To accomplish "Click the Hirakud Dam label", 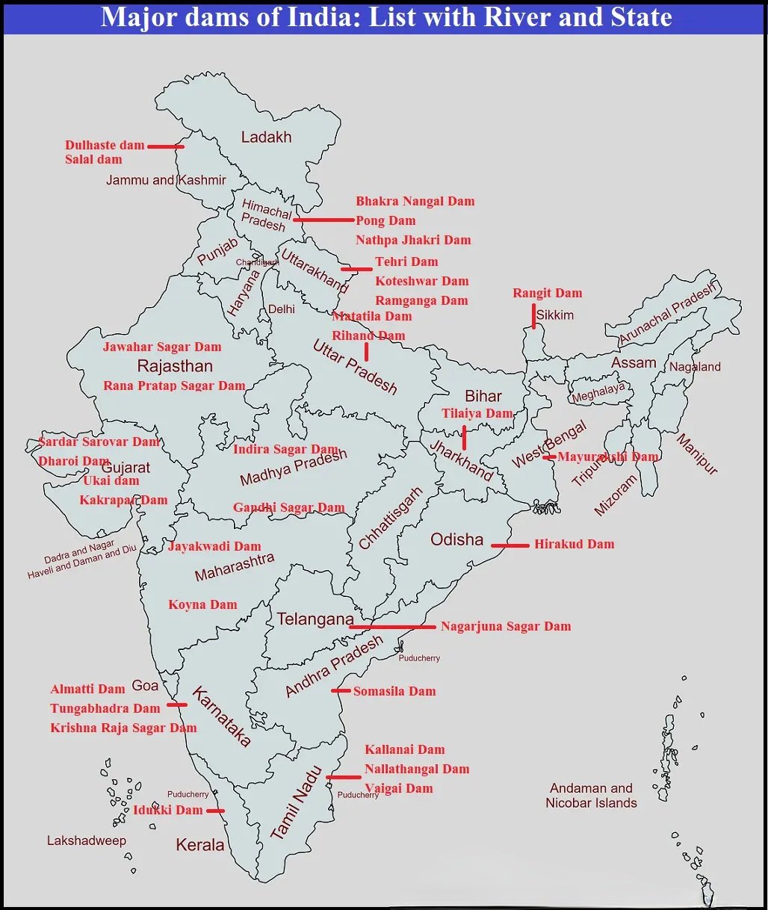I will click(x=574, y=545).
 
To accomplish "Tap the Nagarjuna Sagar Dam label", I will click(x=506, y=627).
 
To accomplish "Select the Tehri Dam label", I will click(x=406, y=262).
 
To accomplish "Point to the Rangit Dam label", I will click(x=547, y=294).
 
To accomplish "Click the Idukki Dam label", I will click(x=167, y=811).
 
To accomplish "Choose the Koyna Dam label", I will click(x=202, y=605).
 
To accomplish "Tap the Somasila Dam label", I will click(x=394, y=692).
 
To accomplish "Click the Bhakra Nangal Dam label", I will click(x=415, y=202).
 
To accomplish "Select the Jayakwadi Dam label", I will click(x=214, y=547).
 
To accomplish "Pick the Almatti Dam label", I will click(x=87, y=690).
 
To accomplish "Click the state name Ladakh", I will click(x=266, y=137).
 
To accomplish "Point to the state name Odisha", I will click(x=456, y=539).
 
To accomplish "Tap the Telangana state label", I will click(x=315, y=619).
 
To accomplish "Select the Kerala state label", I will click(x=199, y=845).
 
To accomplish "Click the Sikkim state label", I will click(x=555, y=315).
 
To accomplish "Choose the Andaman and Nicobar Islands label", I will click(x=591, y=796).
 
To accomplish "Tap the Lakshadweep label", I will click(x=87, y=841).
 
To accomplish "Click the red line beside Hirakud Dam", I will click(x=510, y=546).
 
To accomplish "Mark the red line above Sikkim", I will click(x=533, y=316).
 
